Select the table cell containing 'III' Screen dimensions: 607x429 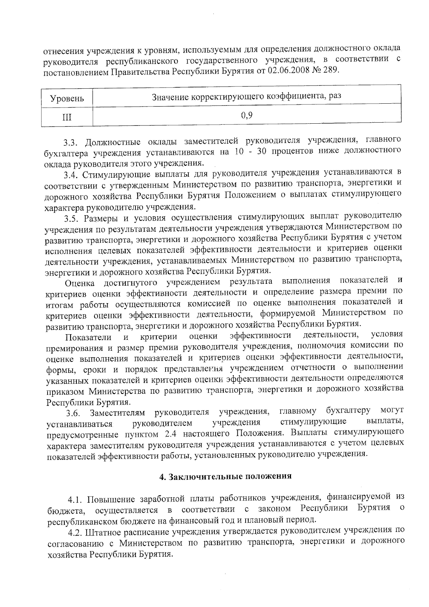pyautogui.click(x=67, y=117)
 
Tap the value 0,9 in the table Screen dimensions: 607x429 pyautogui.click(x=247, y=115)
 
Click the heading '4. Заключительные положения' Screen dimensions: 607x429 pyautogui.click(x=225, y=477)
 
